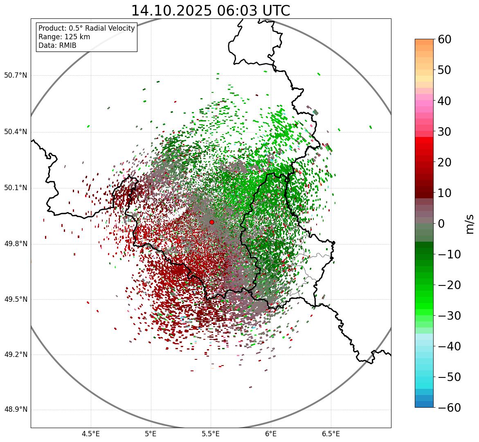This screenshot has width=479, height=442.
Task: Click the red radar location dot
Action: [x=211, y=222]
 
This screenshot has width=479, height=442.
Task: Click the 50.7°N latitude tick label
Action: [x=16, y=75]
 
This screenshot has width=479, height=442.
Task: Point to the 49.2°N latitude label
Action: [x=16, y=354]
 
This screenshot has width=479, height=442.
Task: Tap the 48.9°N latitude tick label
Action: [x=16, y=410]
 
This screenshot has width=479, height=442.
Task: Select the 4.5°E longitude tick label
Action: [x=91, y=434]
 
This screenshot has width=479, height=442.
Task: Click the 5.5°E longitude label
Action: [x=211, y=434]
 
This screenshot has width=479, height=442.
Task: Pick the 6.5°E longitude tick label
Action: [x=331, y=434]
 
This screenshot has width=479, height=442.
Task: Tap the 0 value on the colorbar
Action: [x=442, y=224]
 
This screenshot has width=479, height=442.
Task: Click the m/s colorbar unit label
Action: [x=470, y=224]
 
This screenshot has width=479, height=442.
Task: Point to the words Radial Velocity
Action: [x=108, y=28]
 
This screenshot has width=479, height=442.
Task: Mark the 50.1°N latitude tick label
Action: [x=16, y=188]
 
